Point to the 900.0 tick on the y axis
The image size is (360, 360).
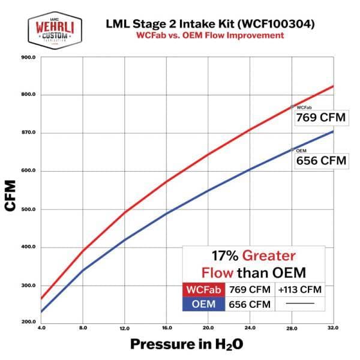coord(28,58)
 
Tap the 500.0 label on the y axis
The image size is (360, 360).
coord(28,209)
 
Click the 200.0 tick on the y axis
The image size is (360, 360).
coord(28,322)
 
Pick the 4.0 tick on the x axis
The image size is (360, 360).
coord(41,328)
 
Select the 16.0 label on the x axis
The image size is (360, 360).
coord(166,328)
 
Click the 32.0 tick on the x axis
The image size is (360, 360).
coord(333,328)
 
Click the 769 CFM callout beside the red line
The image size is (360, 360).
coord(321,118)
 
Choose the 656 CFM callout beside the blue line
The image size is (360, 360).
coord(321,160)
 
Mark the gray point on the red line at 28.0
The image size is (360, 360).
coord(292,107)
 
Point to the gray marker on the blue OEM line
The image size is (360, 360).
coord(292,149)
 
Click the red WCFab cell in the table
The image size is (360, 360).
coord(204,289)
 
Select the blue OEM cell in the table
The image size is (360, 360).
coord(204,304)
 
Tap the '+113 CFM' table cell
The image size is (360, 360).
coord(300,289)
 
